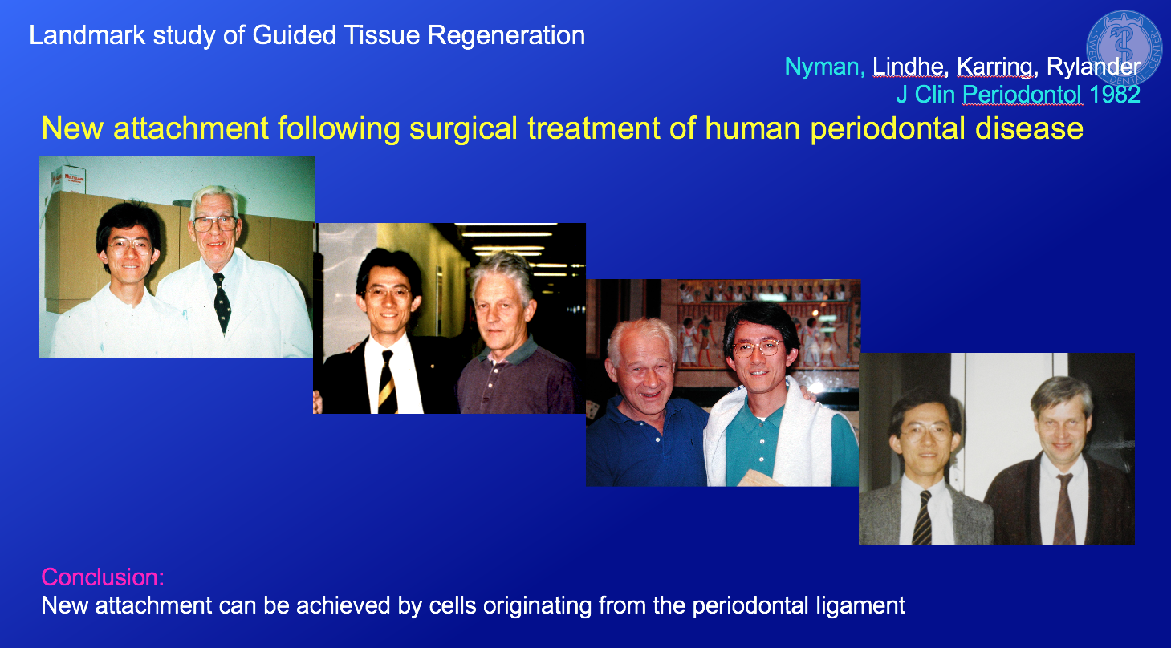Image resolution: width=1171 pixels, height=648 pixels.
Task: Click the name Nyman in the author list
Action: coord(821,67)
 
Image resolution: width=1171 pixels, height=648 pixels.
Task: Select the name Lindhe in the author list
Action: coord(908,67)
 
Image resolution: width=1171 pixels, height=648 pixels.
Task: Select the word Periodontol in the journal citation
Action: coord(1022,95)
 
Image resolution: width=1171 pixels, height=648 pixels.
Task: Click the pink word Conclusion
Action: coord(103,577)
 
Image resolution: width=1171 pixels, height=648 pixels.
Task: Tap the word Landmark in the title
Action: coord(87,35)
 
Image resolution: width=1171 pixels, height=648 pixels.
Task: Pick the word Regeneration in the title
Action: coord(506,35)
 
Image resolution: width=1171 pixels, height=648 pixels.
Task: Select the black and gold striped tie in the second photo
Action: coord(388,383)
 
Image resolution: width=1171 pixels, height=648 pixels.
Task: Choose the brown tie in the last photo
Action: coord(1064,509)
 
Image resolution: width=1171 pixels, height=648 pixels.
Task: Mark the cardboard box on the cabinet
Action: coord(68,179)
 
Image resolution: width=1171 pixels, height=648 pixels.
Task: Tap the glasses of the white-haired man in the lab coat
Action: coord(215,224)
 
